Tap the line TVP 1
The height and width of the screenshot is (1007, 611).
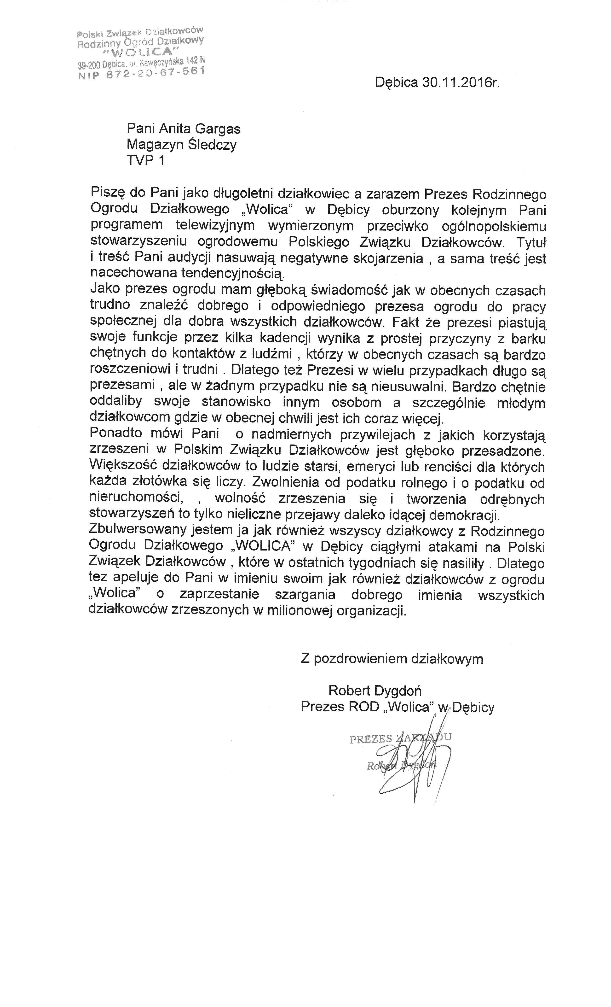coord(146,161)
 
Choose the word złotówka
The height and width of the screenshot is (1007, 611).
coord(156,483)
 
